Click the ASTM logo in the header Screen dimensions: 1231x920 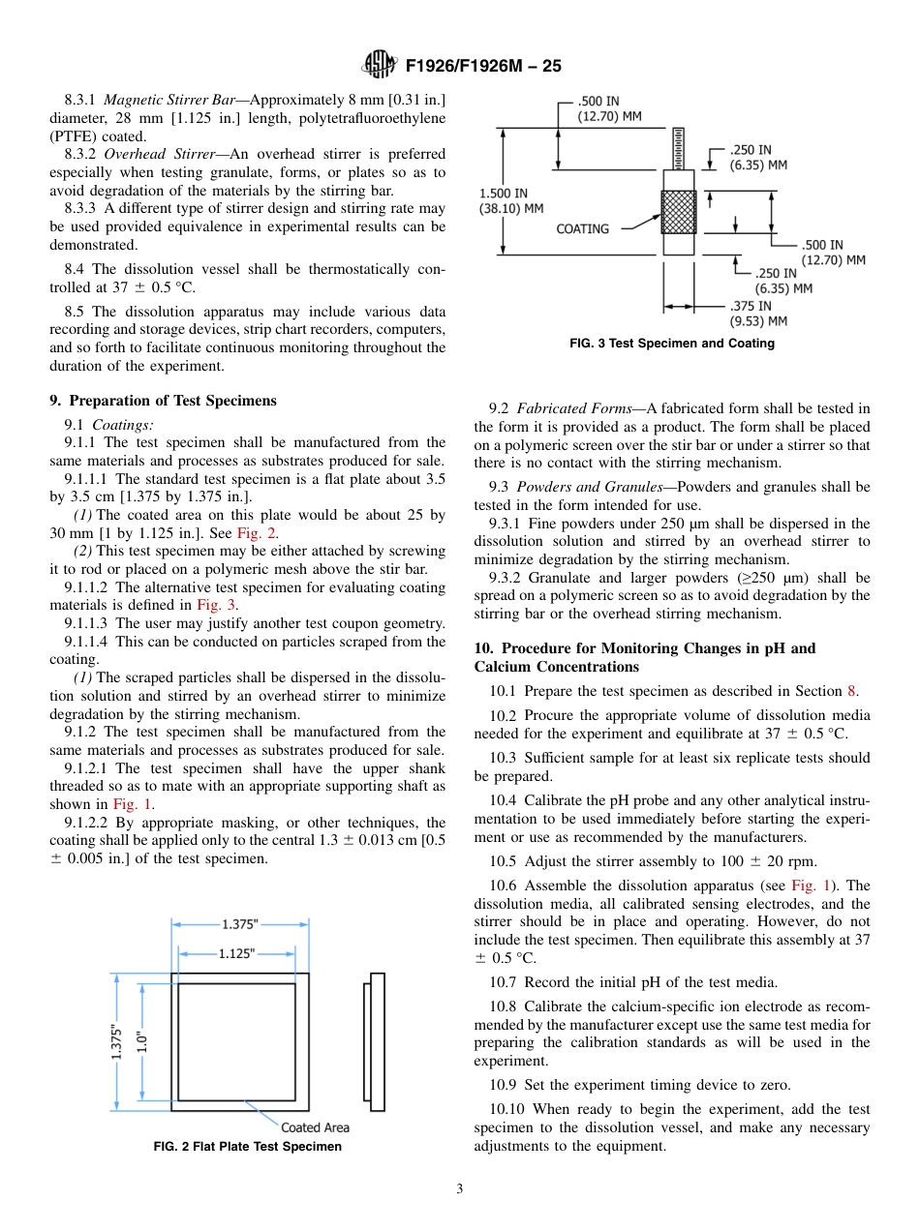379,66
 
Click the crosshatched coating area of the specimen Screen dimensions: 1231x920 678,212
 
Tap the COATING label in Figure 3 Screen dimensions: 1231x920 582,229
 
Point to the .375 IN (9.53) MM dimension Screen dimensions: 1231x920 757,314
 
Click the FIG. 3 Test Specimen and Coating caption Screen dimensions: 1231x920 672,344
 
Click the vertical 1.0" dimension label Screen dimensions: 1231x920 141,1041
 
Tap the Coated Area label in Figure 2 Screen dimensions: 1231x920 315,1127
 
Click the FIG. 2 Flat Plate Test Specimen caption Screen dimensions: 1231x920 247,1147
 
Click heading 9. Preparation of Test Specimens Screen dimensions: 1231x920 163,401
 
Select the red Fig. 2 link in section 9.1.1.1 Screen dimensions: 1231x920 256,533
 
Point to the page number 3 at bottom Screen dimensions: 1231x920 460,1189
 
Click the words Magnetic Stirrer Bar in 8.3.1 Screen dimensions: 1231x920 162,100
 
